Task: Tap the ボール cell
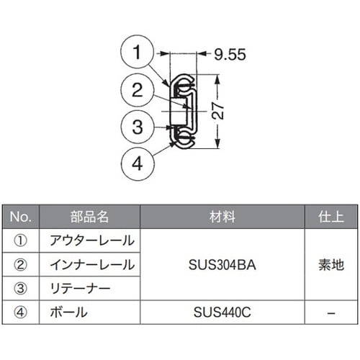69,313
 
